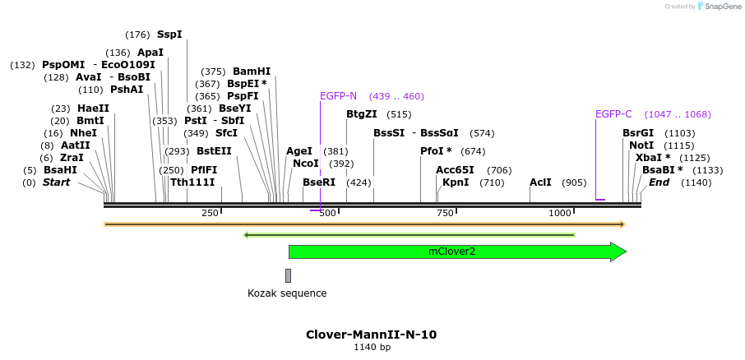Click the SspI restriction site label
coord(169,35)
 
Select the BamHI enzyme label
coord(252,72)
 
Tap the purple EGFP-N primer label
coord(339,96)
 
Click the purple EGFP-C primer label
coord(613,114)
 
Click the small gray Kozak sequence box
coord(288,275)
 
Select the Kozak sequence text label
coord(287,293)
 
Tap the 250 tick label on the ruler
coord(210,213)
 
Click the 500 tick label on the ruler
coord(327,213)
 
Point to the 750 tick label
coord(445,213)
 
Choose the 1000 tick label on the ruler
coord(560,213)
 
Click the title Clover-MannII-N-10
coord(372,335)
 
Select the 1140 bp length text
coord(372,348)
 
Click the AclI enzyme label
coord(540,182)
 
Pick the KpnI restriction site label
coord(456,182)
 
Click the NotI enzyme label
coord(641,145)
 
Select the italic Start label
coord(57,182)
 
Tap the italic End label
coord(659,182)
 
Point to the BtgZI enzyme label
coord(362,114)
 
